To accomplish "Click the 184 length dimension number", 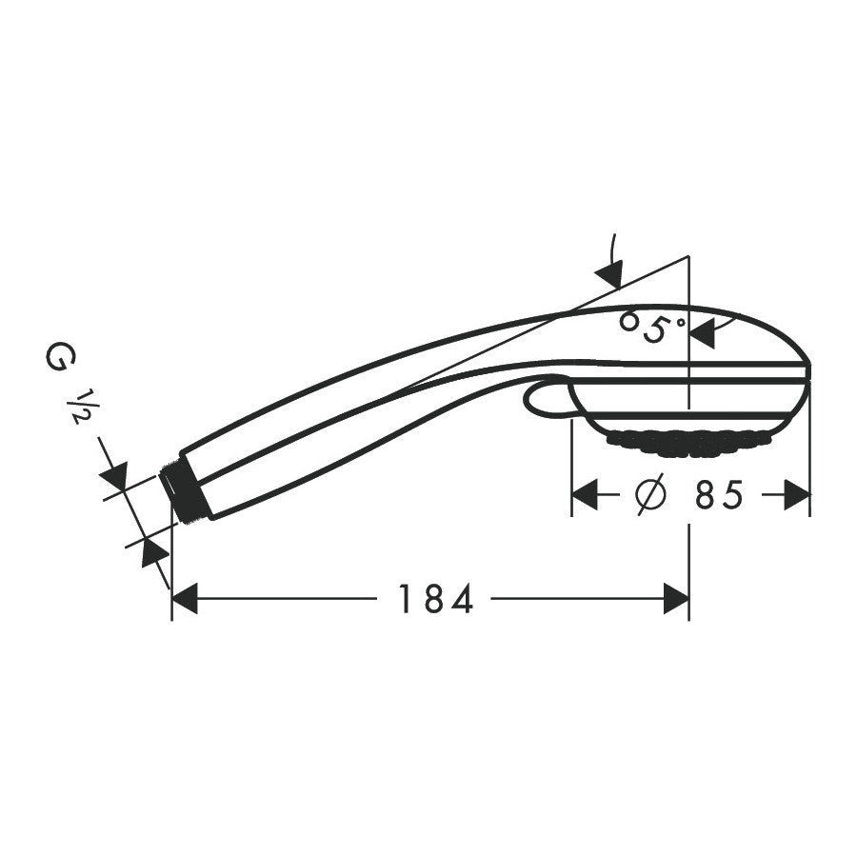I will [435, 600].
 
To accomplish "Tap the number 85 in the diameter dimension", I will [718, 495].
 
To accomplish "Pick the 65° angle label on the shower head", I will [652, 327].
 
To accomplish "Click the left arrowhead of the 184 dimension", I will [185, 599].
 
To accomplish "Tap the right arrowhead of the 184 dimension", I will [676, 599].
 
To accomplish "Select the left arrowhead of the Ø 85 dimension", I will [584, 495].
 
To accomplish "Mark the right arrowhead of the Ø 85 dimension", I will [797, 495].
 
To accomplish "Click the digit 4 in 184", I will [462, 600].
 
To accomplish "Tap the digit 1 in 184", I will [404, 600].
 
